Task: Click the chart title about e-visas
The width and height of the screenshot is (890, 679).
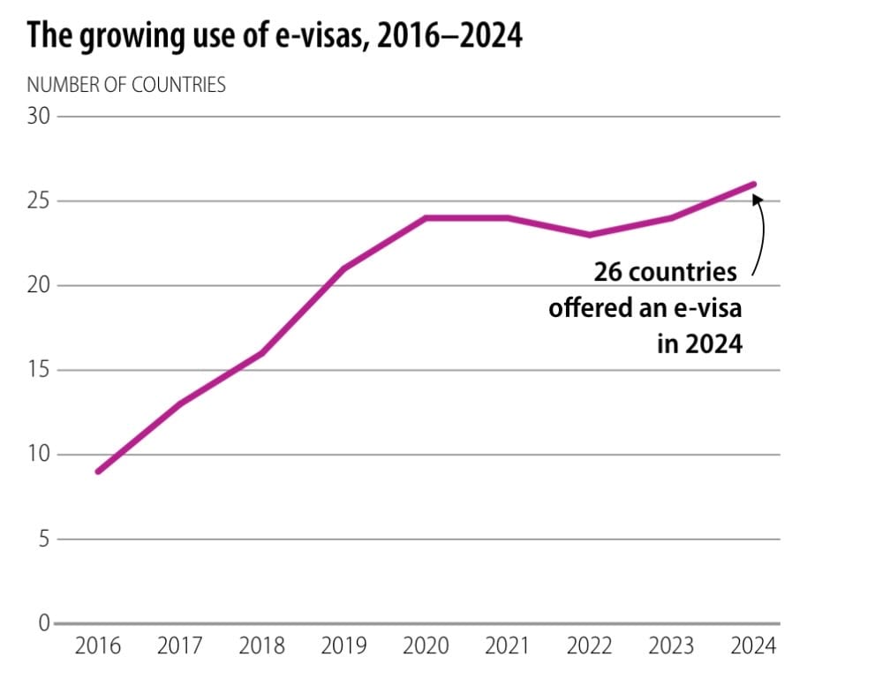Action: click(275, 38)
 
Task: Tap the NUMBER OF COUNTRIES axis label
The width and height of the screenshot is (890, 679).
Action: click(126, 86)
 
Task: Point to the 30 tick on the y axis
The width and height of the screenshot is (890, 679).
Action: click(39, 117)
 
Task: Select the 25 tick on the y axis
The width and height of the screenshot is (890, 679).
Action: click(39, 201)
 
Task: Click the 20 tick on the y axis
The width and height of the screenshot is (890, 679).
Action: click(39, 286)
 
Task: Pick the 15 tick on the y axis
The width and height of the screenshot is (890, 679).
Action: click(39, 371)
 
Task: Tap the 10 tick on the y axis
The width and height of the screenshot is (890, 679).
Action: click(39, 455)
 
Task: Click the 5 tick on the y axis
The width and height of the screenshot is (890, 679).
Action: click(43, 539)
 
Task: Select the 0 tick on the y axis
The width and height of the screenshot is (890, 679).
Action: click(43, 623)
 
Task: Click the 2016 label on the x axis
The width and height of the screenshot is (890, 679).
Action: click(98, 646)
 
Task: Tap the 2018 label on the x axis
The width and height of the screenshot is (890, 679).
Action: click(262, 646)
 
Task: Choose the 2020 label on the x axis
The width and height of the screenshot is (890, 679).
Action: click(426, 646)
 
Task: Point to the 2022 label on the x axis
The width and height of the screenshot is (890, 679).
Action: click(589, 646)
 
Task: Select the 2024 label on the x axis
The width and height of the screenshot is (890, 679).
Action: click(753, 646)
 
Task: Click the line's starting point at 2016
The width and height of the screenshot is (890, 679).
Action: click(97, 472)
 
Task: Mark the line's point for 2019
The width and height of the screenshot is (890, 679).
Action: click(343, 268)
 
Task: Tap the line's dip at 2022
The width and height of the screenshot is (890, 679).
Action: click(589, 235)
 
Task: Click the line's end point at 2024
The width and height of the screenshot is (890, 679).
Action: click(753, 184)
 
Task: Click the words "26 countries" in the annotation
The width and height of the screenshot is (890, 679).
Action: click(665, 271)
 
